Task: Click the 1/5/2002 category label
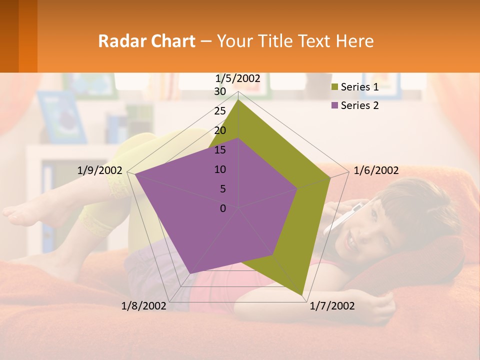click(x=238, y=78)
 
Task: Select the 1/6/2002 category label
click(x=376, y=170)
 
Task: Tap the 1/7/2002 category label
click(x=332, y=306)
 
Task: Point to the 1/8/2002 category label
click(x=144, y=306)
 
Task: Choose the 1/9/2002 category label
click(x=100, y=170)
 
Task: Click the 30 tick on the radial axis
click(x=220, y=91)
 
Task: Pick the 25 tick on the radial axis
click(x=220, y=111)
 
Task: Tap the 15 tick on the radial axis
click(x=220, y=150)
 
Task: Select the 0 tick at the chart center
click(x=223, y=208)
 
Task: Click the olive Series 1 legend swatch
click(x=334, y=87)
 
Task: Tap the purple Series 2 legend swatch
click(x=334, y=105)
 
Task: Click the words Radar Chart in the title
click(x=146, y=41)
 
